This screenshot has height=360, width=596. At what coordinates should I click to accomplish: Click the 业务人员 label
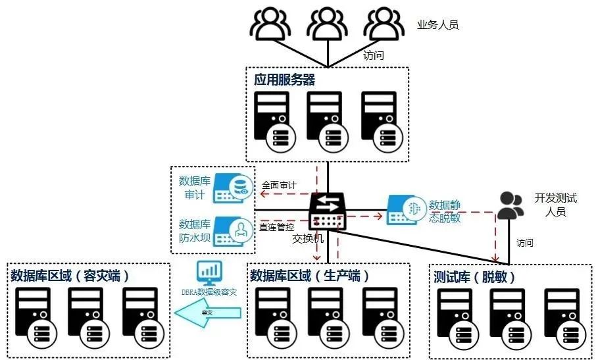(437, 25)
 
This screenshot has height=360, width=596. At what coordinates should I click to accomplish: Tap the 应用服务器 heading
(284, 80)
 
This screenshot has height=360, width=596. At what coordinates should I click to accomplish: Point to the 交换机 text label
(308, 238)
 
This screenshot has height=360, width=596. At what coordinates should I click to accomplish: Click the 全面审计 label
(279, 186)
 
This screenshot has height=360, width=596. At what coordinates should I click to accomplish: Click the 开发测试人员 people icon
(510, 205)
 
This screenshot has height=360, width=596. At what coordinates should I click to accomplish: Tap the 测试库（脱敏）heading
(474, 276)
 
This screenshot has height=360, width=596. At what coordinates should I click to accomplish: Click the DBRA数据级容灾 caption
(209, 291)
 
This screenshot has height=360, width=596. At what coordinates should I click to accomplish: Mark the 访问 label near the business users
(373, 55)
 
